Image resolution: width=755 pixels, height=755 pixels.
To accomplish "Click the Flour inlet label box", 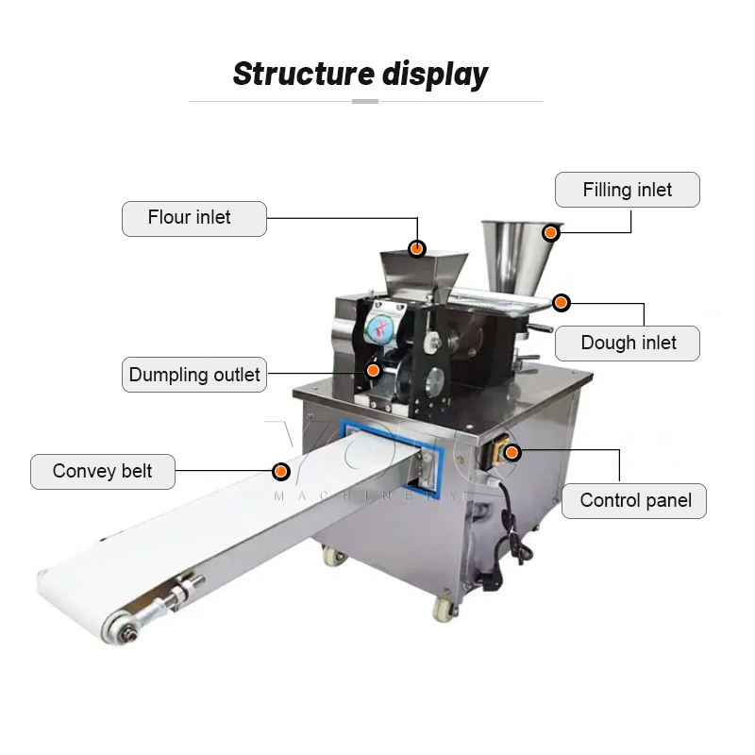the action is (x=194, y=218).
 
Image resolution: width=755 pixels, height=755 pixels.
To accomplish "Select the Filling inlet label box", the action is (x=628, y=190).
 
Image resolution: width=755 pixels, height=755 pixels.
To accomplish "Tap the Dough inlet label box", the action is (x=628, y=343).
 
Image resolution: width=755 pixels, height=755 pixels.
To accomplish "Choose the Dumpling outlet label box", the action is (x=194, y=375).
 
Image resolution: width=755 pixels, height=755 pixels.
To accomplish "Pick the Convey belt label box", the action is (x=103, y=471).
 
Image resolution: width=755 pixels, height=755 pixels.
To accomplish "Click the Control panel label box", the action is (x=634, y=500).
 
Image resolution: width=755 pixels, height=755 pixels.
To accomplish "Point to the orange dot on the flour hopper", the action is (x=416, y=248).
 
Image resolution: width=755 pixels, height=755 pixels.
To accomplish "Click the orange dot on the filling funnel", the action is (x=550, y=231).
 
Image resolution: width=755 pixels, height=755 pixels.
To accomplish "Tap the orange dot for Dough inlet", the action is (x=562, y=303).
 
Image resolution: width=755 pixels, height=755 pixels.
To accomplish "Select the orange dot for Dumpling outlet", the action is (x=375, y=370).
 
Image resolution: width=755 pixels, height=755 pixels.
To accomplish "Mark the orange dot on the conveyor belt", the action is (x=280, y=471).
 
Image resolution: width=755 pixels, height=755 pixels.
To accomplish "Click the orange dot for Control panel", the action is (x=512, y=453).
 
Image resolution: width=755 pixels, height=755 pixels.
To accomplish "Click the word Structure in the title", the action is (x=303, y=74).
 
